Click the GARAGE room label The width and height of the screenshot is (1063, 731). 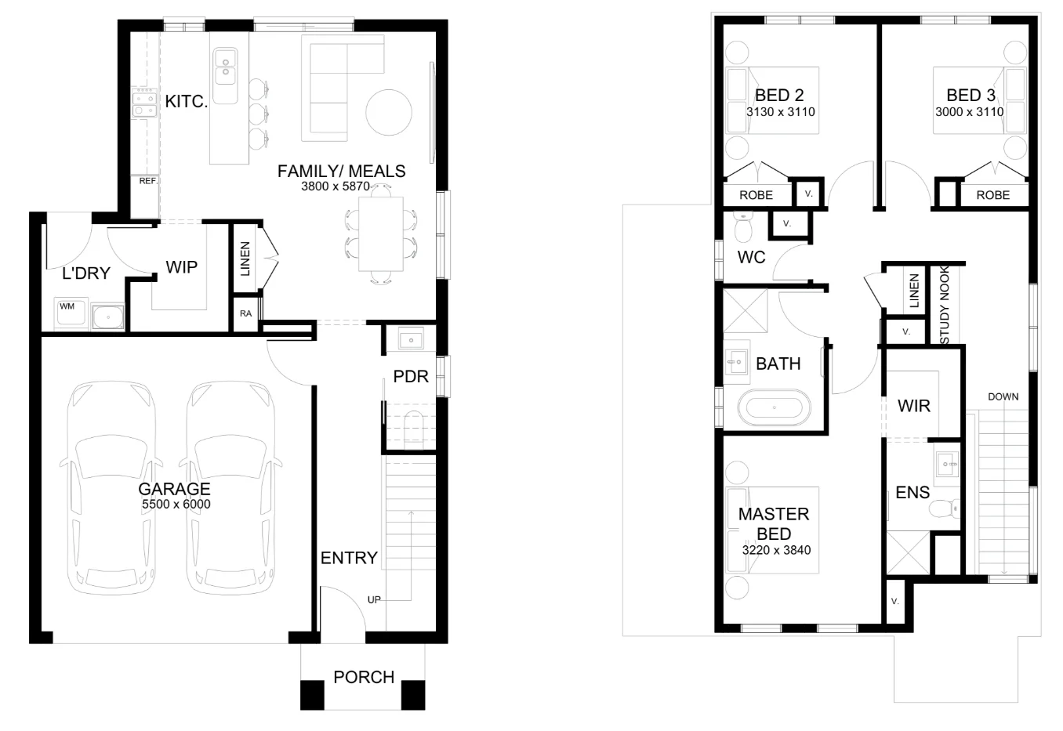[x=174, y=489]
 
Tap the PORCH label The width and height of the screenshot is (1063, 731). [x=363, y=677]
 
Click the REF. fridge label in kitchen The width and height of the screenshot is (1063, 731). [x=148, y=181]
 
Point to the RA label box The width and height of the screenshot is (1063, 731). [x=245, y=313]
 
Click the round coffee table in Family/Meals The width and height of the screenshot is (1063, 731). [x=389, y=113]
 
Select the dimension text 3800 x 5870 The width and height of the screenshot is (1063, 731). [x=335, y=187]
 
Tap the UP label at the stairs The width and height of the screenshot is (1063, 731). [x=374, y=599]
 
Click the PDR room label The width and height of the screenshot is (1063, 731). [x=411, y=377]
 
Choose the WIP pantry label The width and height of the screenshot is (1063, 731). [x=181, y=267]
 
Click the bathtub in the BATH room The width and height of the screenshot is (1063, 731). [x=775, y=408]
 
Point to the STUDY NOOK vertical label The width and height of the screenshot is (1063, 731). [x=945, y=305]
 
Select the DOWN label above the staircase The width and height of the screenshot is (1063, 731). [x=1003, y=396]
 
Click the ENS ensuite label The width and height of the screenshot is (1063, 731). [x=912, y=493]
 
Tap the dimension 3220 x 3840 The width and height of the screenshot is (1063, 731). [x=775, y=550]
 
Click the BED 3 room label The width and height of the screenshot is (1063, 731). [x=970, y=96]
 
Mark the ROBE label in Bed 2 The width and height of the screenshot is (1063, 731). [x=756, y=195]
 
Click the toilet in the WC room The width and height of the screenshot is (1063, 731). [x=742, y=228]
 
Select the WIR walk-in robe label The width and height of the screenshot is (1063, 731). [x=913, y=406]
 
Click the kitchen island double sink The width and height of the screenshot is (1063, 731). [x=225, y=66]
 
